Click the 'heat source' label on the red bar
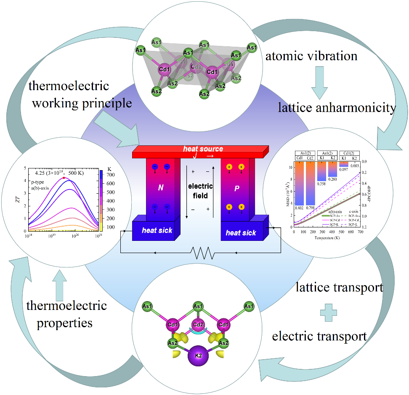pos(203,149)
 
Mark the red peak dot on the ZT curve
pos(64,178)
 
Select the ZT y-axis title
pos(17,198)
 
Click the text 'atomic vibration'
pos(311,56)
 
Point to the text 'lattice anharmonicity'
pos(337,108)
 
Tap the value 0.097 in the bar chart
pos(344,169)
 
